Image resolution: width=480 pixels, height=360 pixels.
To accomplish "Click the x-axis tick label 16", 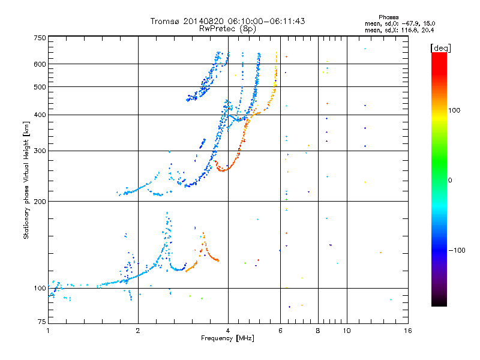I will pos(407,331).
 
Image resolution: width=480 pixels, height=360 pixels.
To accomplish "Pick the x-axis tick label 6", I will pos(280,331).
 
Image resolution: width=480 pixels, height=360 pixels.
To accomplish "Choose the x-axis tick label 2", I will pos(138,331).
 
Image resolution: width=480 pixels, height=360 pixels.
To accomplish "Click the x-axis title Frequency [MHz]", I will pos(227,339).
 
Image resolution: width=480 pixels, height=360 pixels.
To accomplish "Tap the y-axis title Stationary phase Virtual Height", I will pos(26,180).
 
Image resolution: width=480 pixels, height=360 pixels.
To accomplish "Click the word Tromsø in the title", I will pos(166,21).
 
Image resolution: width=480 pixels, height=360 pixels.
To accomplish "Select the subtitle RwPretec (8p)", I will pos(228,28).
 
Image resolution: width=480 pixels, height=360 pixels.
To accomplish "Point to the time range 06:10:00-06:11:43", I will pos(262,21).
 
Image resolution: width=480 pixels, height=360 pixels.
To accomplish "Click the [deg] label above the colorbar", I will pos(441,47).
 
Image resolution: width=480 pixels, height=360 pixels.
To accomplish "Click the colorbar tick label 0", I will pos(451,180).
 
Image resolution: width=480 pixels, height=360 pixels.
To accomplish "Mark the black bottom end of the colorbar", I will pos(439,303).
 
